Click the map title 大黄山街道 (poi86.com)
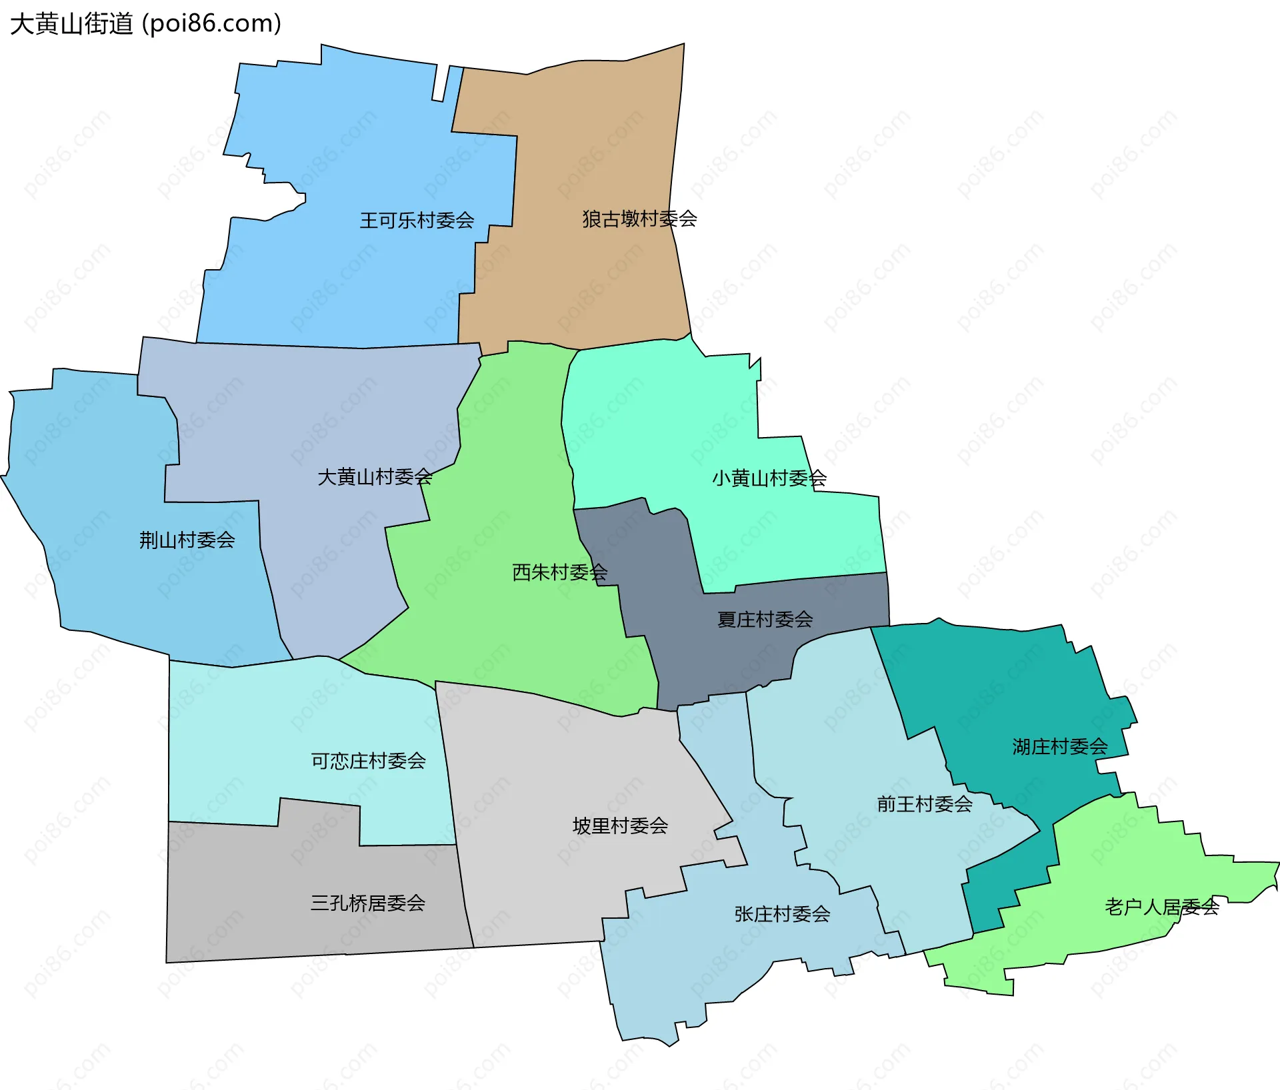pos(145,24)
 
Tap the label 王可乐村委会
pos(417,220)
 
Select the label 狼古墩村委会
pos(639,219)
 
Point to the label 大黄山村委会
pos(375,477)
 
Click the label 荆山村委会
pos(187,540)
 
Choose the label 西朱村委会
pos(559,572)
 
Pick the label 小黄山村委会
pos(769,478)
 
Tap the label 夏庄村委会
pos(765,620)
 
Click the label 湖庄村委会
pos(1059,747)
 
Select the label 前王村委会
pos(924,804)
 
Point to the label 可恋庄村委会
pos(368,761)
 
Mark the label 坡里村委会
pos(620,826)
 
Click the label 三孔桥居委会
pos(367,903)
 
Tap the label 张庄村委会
pos(782,914)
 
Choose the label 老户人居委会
pos(1161,907)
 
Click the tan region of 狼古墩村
pos(587,147)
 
